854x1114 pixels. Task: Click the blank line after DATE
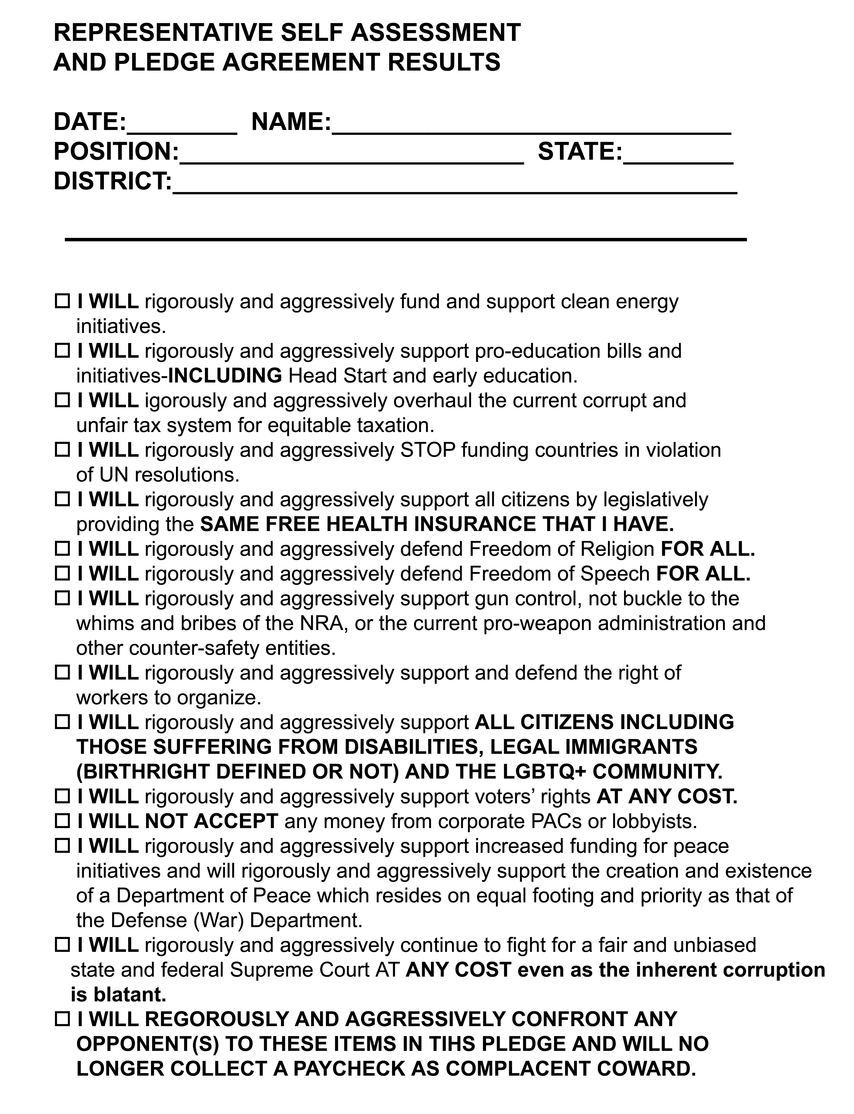[182, 127]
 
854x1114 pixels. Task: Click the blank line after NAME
[531, 127]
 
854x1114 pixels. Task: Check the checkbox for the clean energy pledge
[62, 302]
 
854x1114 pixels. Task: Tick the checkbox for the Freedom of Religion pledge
[62, 549]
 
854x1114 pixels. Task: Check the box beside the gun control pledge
[62, 598]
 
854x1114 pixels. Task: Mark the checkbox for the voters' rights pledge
[62, 797]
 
